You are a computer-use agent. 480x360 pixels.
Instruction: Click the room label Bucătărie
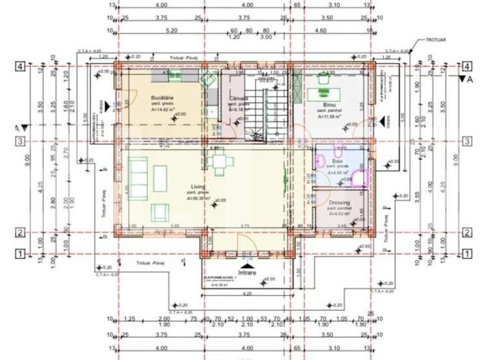point(161,98)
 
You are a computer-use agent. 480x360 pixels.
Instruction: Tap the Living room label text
point(198,186)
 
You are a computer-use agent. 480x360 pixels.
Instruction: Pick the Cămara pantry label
point(239,98)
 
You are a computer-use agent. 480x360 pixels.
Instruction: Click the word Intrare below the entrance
point(248,272)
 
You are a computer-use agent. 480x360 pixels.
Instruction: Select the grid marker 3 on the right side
point(466,141)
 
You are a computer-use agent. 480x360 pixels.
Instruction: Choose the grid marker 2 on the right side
point(466,233)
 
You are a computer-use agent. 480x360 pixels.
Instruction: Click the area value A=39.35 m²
point(198,197)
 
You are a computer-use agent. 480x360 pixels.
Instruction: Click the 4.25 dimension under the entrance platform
point(247,293)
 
